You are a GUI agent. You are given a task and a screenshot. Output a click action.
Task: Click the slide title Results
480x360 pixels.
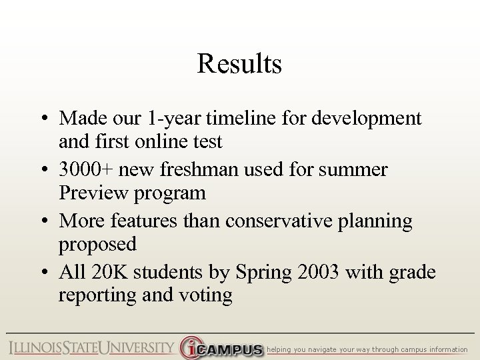coord(239,65)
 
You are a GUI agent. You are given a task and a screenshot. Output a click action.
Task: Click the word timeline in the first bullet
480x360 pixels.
coord(233,119)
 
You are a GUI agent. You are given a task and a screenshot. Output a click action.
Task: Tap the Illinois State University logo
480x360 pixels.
coord(91,347)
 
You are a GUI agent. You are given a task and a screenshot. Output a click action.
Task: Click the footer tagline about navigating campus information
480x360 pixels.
coord(367,349)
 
